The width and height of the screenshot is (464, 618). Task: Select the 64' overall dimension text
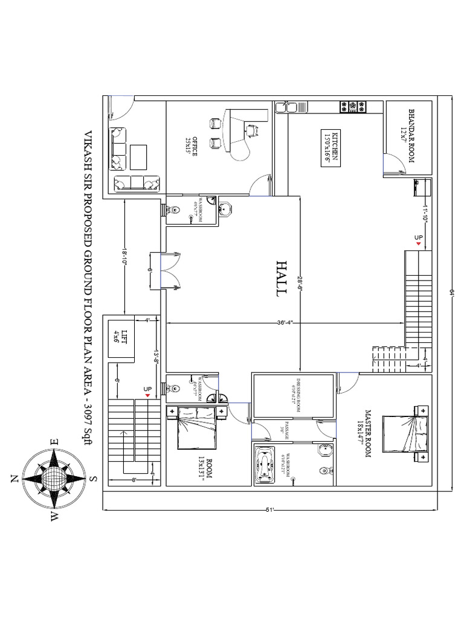451,292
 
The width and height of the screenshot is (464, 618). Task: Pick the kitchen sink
284,107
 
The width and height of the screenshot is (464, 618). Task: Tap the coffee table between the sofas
138,157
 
